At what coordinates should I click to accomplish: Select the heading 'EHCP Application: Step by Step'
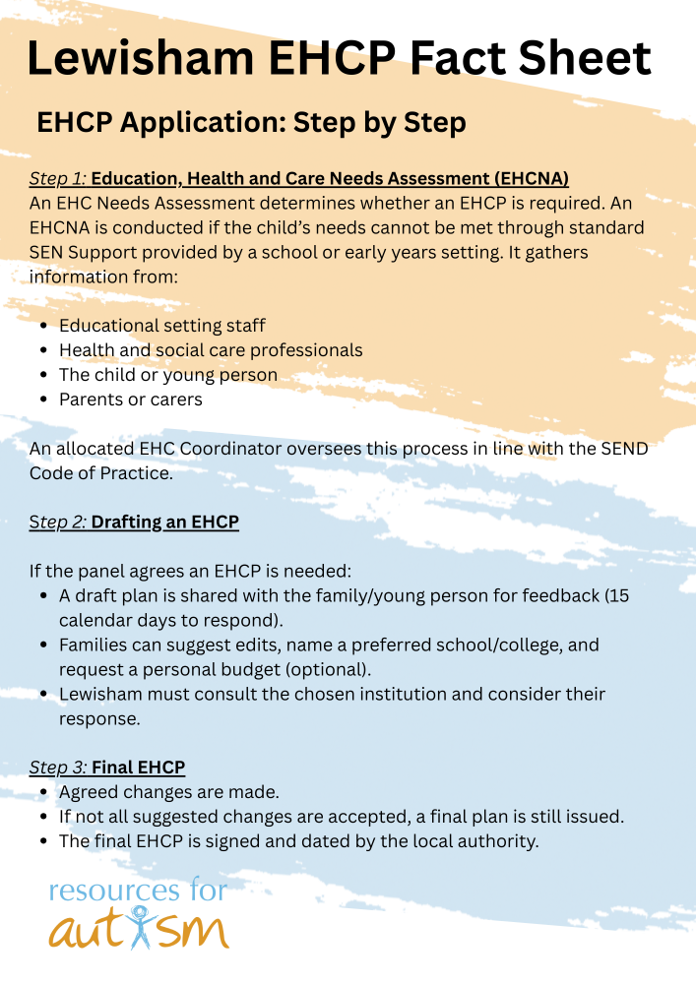click(251, 124)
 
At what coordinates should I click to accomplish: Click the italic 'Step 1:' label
click(57, 179)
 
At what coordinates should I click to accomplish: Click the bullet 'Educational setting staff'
click(162, 326)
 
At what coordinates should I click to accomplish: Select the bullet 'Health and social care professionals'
click(211, 350)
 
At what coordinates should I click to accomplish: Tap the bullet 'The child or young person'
click(168, 375)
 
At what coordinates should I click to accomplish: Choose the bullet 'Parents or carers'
click(131, 400)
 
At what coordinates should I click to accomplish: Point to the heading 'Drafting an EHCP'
click(165, 522)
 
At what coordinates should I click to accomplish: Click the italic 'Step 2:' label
click(58, 522)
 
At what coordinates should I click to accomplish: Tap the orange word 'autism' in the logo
click(139, 927)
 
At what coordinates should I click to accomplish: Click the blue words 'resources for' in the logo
click(138, 892)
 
